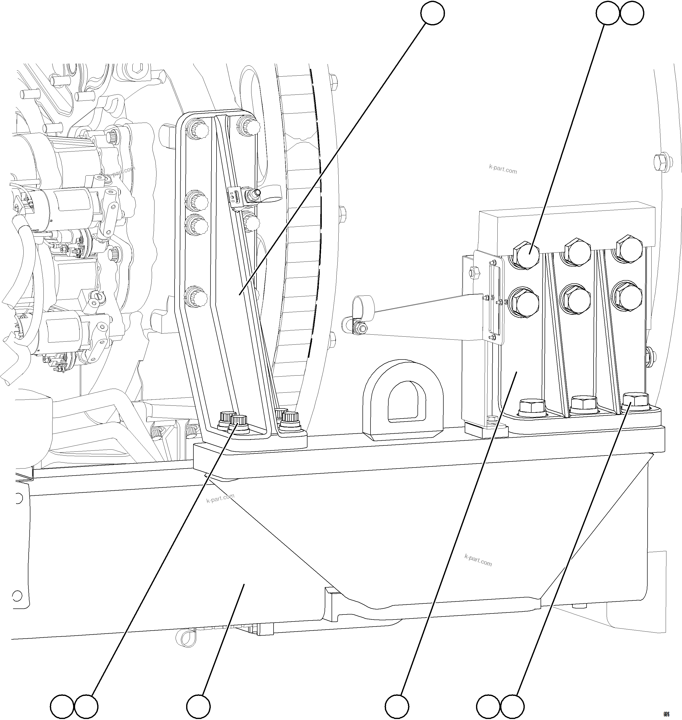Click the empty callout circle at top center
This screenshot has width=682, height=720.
(432, 14)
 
